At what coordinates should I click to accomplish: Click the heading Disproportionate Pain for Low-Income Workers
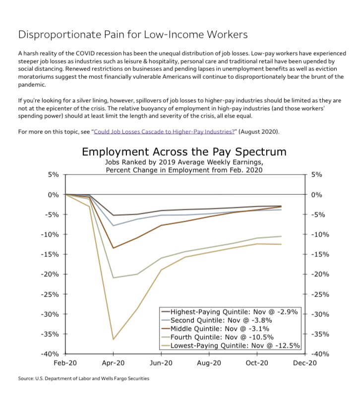(132, 35)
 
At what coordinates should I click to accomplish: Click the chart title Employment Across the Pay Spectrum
(183, 152)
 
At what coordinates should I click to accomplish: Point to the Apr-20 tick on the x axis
(113, 363)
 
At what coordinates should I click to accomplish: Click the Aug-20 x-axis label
(209, 363)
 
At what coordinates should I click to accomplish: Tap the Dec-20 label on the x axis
(304, 363)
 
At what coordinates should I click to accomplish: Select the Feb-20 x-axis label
(65, 363)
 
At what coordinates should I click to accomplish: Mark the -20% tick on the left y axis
(50, 274)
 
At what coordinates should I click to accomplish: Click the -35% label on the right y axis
(318, 334)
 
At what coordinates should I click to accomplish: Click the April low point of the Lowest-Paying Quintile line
(114, 339)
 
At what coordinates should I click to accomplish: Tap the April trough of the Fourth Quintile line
(114, 278)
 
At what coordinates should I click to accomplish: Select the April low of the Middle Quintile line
(114, 248)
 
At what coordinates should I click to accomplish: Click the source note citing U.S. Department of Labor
(83, 379)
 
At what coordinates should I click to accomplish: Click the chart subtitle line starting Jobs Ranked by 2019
(183, 162)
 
